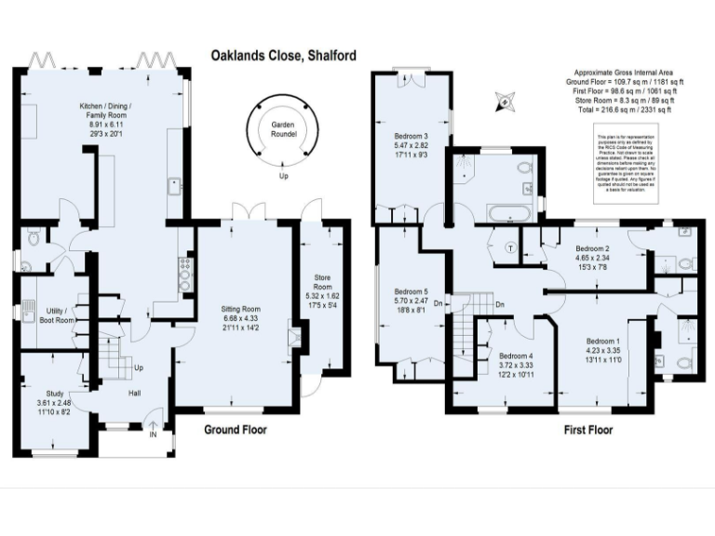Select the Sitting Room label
coord(239,317)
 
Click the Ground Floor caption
coord(235,430)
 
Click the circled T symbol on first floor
coord(510,248)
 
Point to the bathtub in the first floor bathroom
coord(508,213)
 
